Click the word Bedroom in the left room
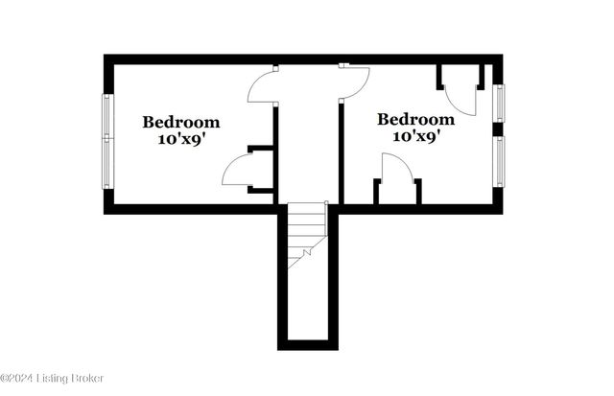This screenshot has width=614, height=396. (x=181, y=122)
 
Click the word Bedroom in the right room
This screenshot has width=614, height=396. (x=415, y=119)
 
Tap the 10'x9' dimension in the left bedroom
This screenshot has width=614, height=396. (x=181, y=139)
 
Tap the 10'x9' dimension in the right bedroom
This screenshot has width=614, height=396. (x=415, y=136)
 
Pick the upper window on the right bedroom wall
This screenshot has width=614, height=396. (x=498, y=103)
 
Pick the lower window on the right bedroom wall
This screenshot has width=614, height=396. (x=498, y=160)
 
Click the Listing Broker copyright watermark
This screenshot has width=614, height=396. (x=52, y=379)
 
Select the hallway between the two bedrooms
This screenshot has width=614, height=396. (x=308, y=144)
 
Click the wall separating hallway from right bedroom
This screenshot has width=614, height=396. (x=341, y=153)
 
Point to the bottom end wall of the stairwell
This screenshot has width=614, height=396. (x=307, y=345)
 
